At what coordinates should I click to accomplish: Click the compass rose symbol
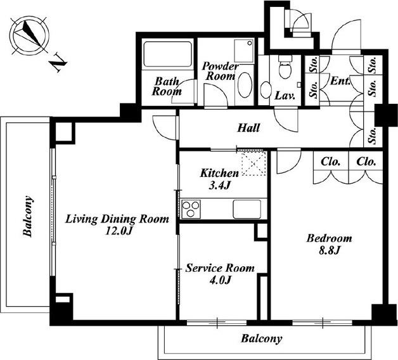point(29,35)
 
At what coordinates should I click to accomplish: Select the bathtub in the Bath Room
point(168,54)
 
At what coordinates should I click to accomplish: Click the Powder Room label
point(221,71)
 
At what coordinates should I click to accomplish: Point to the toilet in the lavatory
point(285,67)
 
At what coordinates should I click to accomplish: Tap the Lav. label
point(285,96)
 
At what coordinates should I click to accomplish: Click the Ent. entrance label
point(340,81)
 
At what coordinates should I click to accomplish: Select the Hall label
point(248,127)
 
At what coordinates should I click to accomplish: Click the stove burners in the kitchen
point(191,209)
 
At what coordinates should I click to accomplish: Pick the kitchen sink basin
point(247,209)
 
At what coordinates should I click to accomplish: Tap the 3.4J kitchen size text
point(219,186)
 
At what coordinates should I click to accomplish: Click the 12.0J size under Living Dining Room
point(119,231)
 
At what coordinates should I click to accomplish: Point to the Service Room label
point(220,268)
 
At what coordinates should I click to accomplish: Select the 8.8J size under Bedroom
point(329,250)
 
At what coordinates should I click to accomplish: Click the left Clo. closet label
point(330,162)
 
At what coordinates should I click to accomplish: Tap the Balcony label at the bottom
point(262,338)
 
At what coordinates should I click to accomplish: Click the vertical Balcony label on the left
point(27,216)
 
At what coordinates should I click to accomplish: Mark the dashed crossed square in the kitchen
point(254,164)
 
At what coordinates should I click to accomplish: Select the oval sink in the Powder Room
point(245,85)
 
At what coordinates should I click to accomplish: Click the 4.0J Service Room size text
point(220,280)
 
